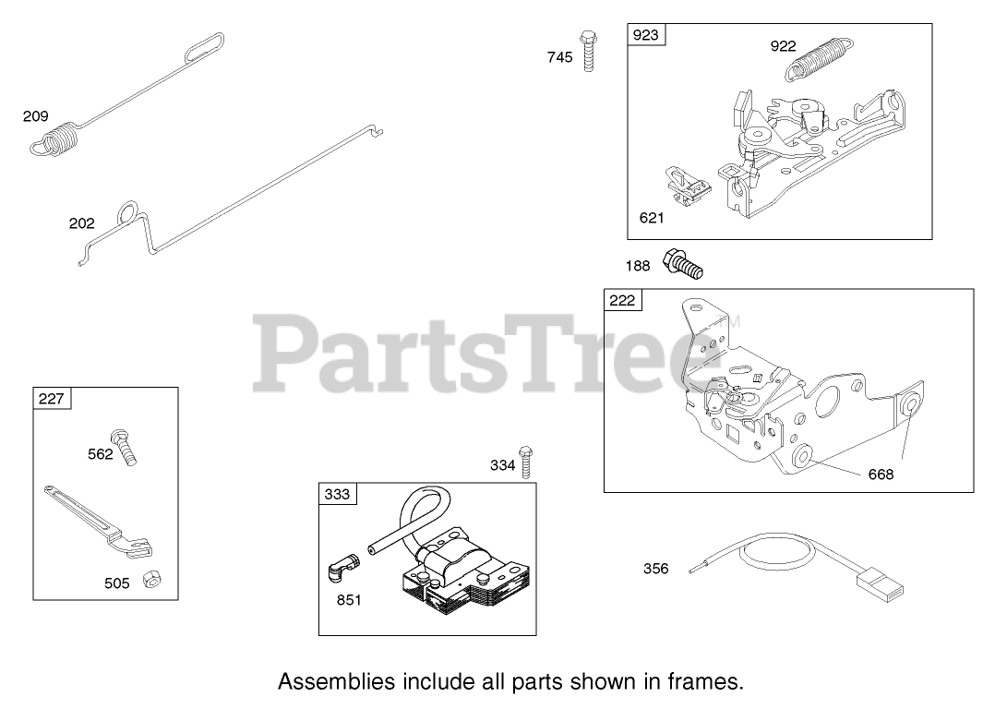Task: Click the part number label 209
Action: click(x=35, y=116)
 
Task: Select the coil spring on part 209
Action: click(x=58, y=140)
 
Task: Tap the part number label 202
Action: click(x=81, y=223)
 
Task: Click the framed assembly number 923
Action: click(x=646, y=35)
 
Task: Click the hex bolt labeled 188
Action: click(x=683, y=261)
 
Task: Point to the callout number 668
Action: click(x=881, y=475)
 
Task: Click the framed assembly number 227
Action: click(x=52, y=398)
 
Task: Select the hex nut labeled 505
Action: click(x=148, y=580)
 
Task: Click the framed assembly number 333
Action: click(x=337, y=494)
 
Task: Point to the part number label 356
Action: click(x=655, y=569)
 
